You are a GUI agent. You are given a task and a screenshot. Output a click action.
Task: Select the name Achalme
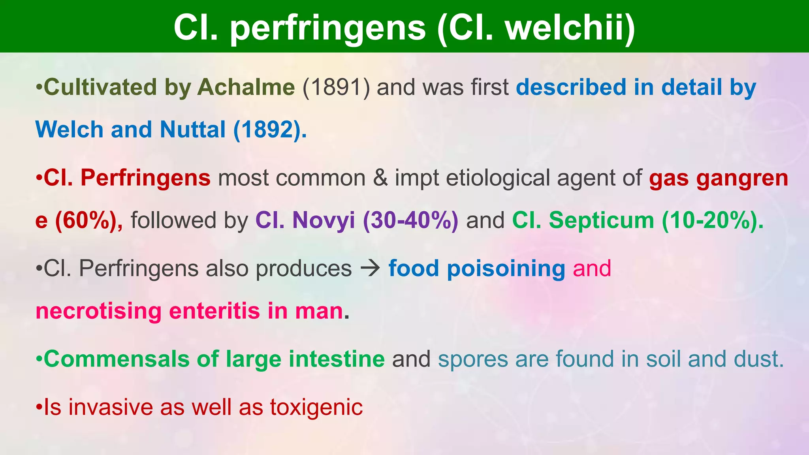click(246, 87)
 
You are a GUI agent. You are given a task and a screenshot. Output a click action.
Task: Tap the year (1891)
click(336, 87)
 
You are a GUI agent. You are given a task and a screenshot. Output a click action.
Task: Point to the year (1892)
click(270, 130)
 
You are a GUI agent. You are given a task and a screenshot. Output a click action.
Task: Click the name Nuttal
click(192, 130)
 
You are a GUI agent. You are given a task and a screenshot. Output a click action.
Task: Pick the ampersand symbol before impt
click(380, 178)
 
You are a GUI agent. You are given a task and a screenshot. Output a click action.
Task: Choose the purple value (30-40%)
click(411, 220)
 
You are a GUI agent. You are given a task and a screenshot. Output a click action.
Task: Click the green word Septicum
click(601, 220)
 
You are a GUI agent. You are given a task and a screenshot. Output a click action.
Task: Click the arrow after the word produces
click(370, 269)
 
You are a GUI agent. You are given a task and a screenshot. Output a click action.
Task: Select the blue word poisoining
click(506, 269)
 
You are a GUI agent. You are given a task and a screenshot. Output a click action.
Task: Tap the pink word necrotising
click(98, 311)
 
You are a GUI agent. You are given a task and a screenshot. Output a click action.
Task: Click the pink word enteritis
click(214, 311)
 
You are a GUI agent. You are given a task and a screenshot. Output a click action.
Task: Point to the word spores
click(473, 359)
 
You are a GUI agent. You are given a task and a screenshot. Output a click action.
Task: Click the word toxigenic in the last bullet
click(316, 407)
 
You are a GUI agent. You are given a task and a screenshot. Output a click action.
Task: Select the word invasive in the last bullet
click(111, 407)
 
